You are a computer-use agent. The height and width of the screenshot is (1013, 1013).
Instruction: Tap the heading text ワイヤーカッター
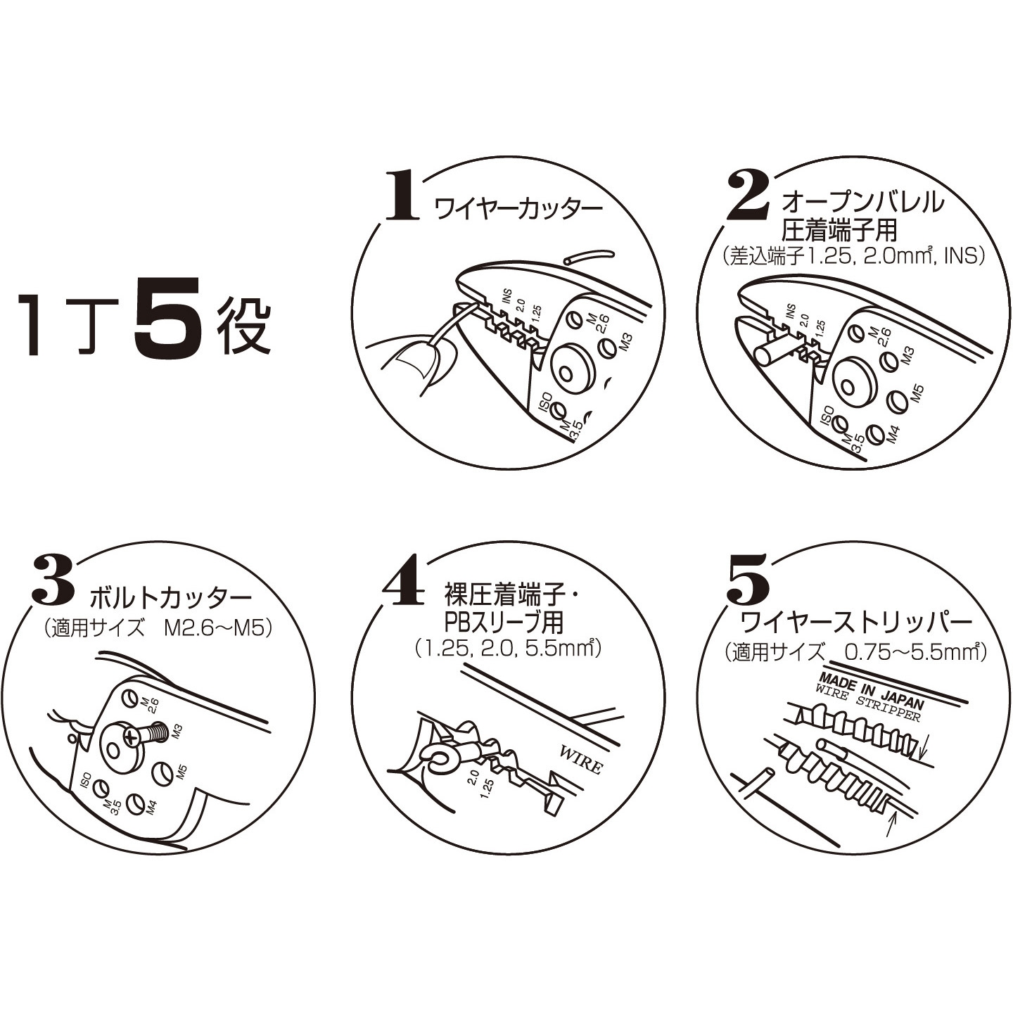coord(519,209)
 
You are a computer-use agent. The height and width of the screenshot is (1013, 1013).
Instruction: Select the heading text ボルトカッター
coord(170,598)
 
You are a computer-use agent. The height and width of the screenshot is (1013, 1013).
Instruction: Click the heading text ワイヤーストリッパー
coord(857,623)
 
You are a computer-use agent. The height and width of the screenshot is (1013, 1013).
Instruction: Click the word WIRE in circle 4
coord(582,759)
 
